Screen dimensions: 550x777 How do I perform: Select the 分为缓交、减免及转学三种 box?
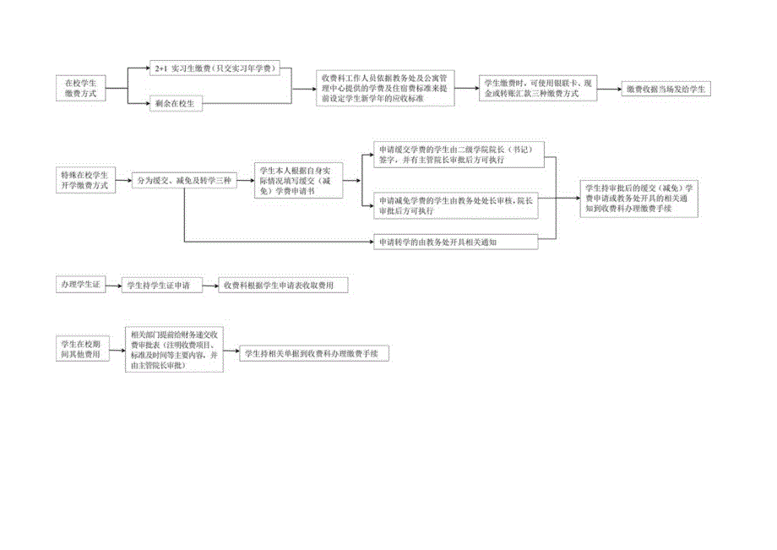(x=183, y=180)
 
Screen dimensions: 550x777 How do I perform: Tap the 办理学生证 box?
(x=80, y=285)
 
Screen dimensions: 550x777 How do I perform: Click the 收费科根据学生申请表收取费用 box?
(x=282, y=286)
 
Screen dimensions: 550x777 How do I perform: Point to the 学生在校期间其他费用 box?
(x=83, y=349)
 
